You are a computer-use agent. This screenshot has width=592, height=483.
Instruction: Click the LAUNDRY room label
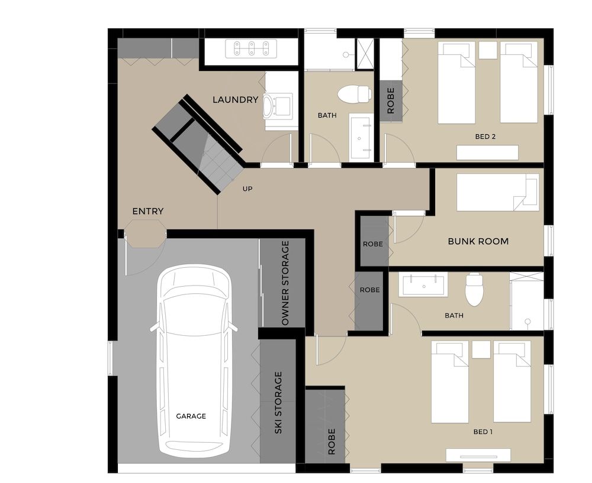[235, 100]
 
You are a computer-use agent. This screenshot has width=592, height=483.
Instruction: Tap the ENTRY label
[147, 211]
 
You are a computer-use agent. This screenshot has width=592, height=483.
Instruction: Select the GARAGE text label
[191, 416]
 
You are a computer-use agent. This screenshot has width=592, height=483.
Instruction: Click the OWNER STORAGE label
[285, 283]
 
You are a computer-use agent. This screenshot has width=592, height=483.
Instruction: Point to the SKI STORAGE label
[278, 403]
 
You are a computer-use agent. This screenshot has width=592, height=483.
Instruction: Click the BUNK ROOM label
[478, 241]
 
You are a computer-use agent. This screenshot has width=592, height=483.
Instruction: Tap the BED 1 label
[482, 432]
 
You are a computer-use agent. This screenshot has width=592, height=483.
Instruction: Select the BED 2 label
[485, 137]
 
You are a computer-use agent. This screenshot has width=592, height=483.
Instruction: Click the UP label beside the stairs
[248, 189]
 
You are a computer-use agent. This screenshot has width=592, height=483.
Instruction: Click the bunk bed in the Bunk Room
[497, 192]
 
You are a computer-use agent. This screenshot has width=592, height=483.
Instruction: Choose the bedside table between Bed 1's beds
[481, 350]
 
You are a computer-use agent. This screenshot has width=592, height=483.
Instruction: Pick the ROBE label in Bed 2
[391, 101]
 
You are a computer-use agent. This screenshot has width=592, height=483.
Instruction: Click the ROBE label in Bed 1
[331, 441]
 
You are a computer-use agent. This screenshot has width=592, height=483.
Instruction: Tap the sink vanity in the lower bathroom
[424, 284]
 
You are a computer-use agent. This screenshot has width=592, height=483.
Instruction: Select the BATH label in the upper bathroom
[327, 115]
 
